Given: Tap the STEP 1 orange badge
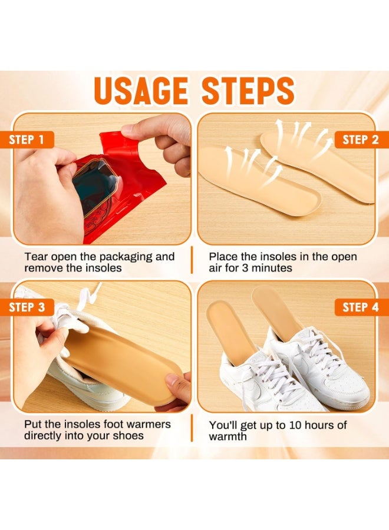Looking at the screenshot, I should pos(27,140).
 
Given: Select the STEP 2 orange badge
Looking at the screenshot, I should pos(360,140).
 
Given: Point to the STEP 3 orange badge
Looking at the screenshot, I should pos(27,307).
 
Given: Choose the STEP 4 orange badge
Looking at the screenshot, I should pos(360,307).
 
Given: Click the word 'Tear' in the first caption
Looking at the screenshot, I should pos(37,257).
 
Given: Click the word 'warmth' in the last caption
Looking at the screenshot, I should pos(228,436).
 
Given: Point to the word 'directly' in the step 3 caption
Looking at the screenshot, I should pos(44,436).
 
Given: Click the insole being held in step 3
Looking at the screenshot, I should pos(124,356).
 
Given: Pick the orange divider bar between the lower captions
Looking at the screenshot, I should pos(192,429).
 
